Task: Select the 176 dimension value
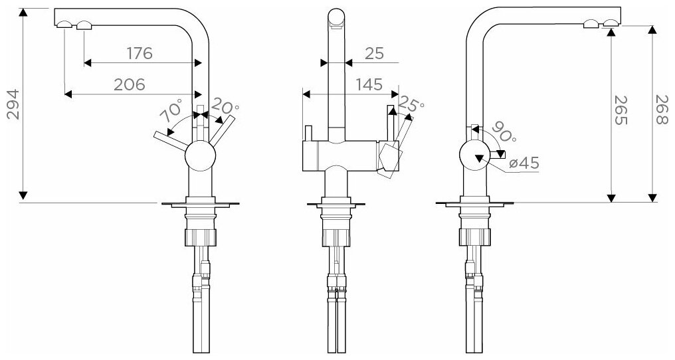point(140,54)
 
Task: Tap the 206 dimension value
point(130,84)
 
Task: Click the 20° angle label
point(226,106)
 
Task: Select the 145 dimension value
point(368,84)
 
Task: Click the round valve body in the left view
point(200,157)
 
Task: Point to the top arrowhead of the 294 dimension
point(23,14)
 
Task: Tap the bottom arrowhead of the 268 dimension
point(652,197)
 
